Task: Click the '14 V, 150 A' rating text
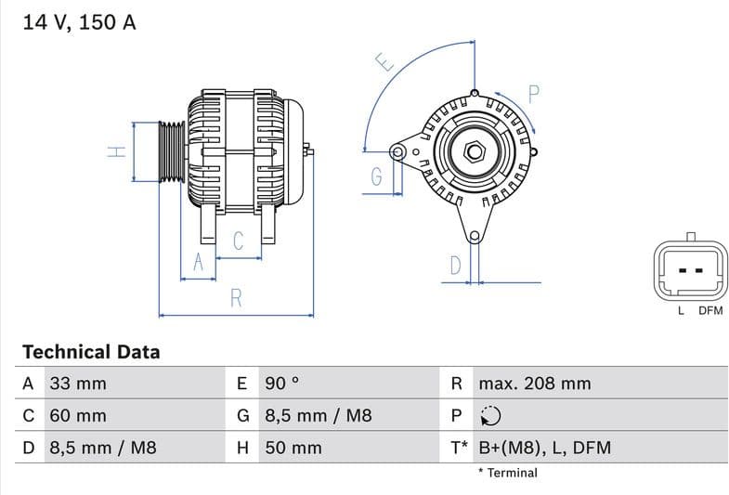click(79, 23)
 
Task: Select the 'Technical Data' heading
click(91, 352)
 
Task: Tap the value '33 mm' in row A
click(77, 384)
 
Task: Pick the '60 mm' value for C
click(77, 416)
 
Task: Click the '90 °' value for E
click(282, 384)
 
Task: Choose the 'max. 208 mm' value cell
click(534, 384)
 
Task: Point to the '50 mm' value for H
click(293, 448)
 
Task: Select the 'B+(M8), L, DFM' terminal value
click(544, 448)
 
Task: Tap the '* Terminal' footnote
click(507, 473)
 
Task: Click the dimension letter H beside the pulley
click(116, 150)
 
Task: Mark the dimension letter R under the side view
click(236, 298)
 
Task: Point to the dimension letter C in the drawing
click(238, 241)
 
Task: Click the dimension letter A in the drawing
click(197, 264)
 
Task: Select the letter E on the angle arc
click(385, 62)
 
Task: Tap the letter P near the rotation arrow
click(534, 93)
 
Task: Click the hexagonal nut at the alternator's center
click(473, 150)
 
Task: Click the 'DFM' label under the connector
click(709, 311)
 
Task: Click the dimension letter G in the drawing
click(376, 177)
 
